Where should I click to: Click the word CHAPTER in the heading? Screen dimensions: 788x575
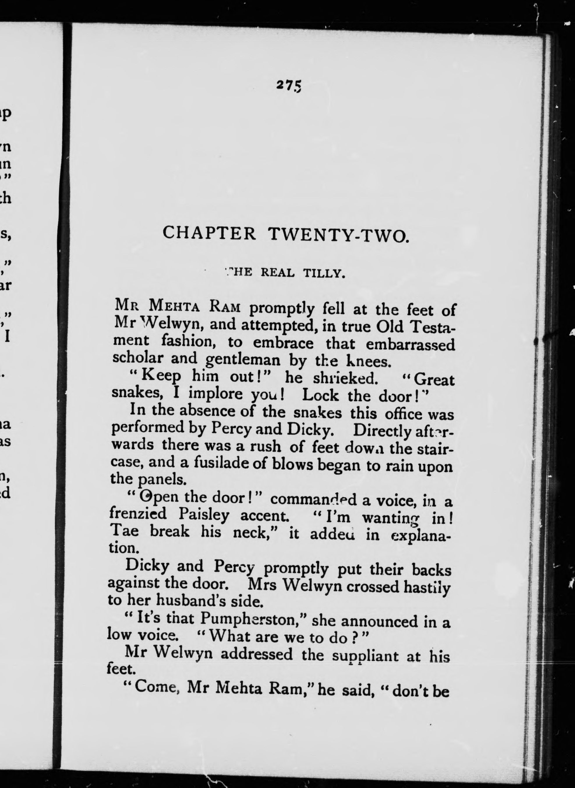210,233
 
